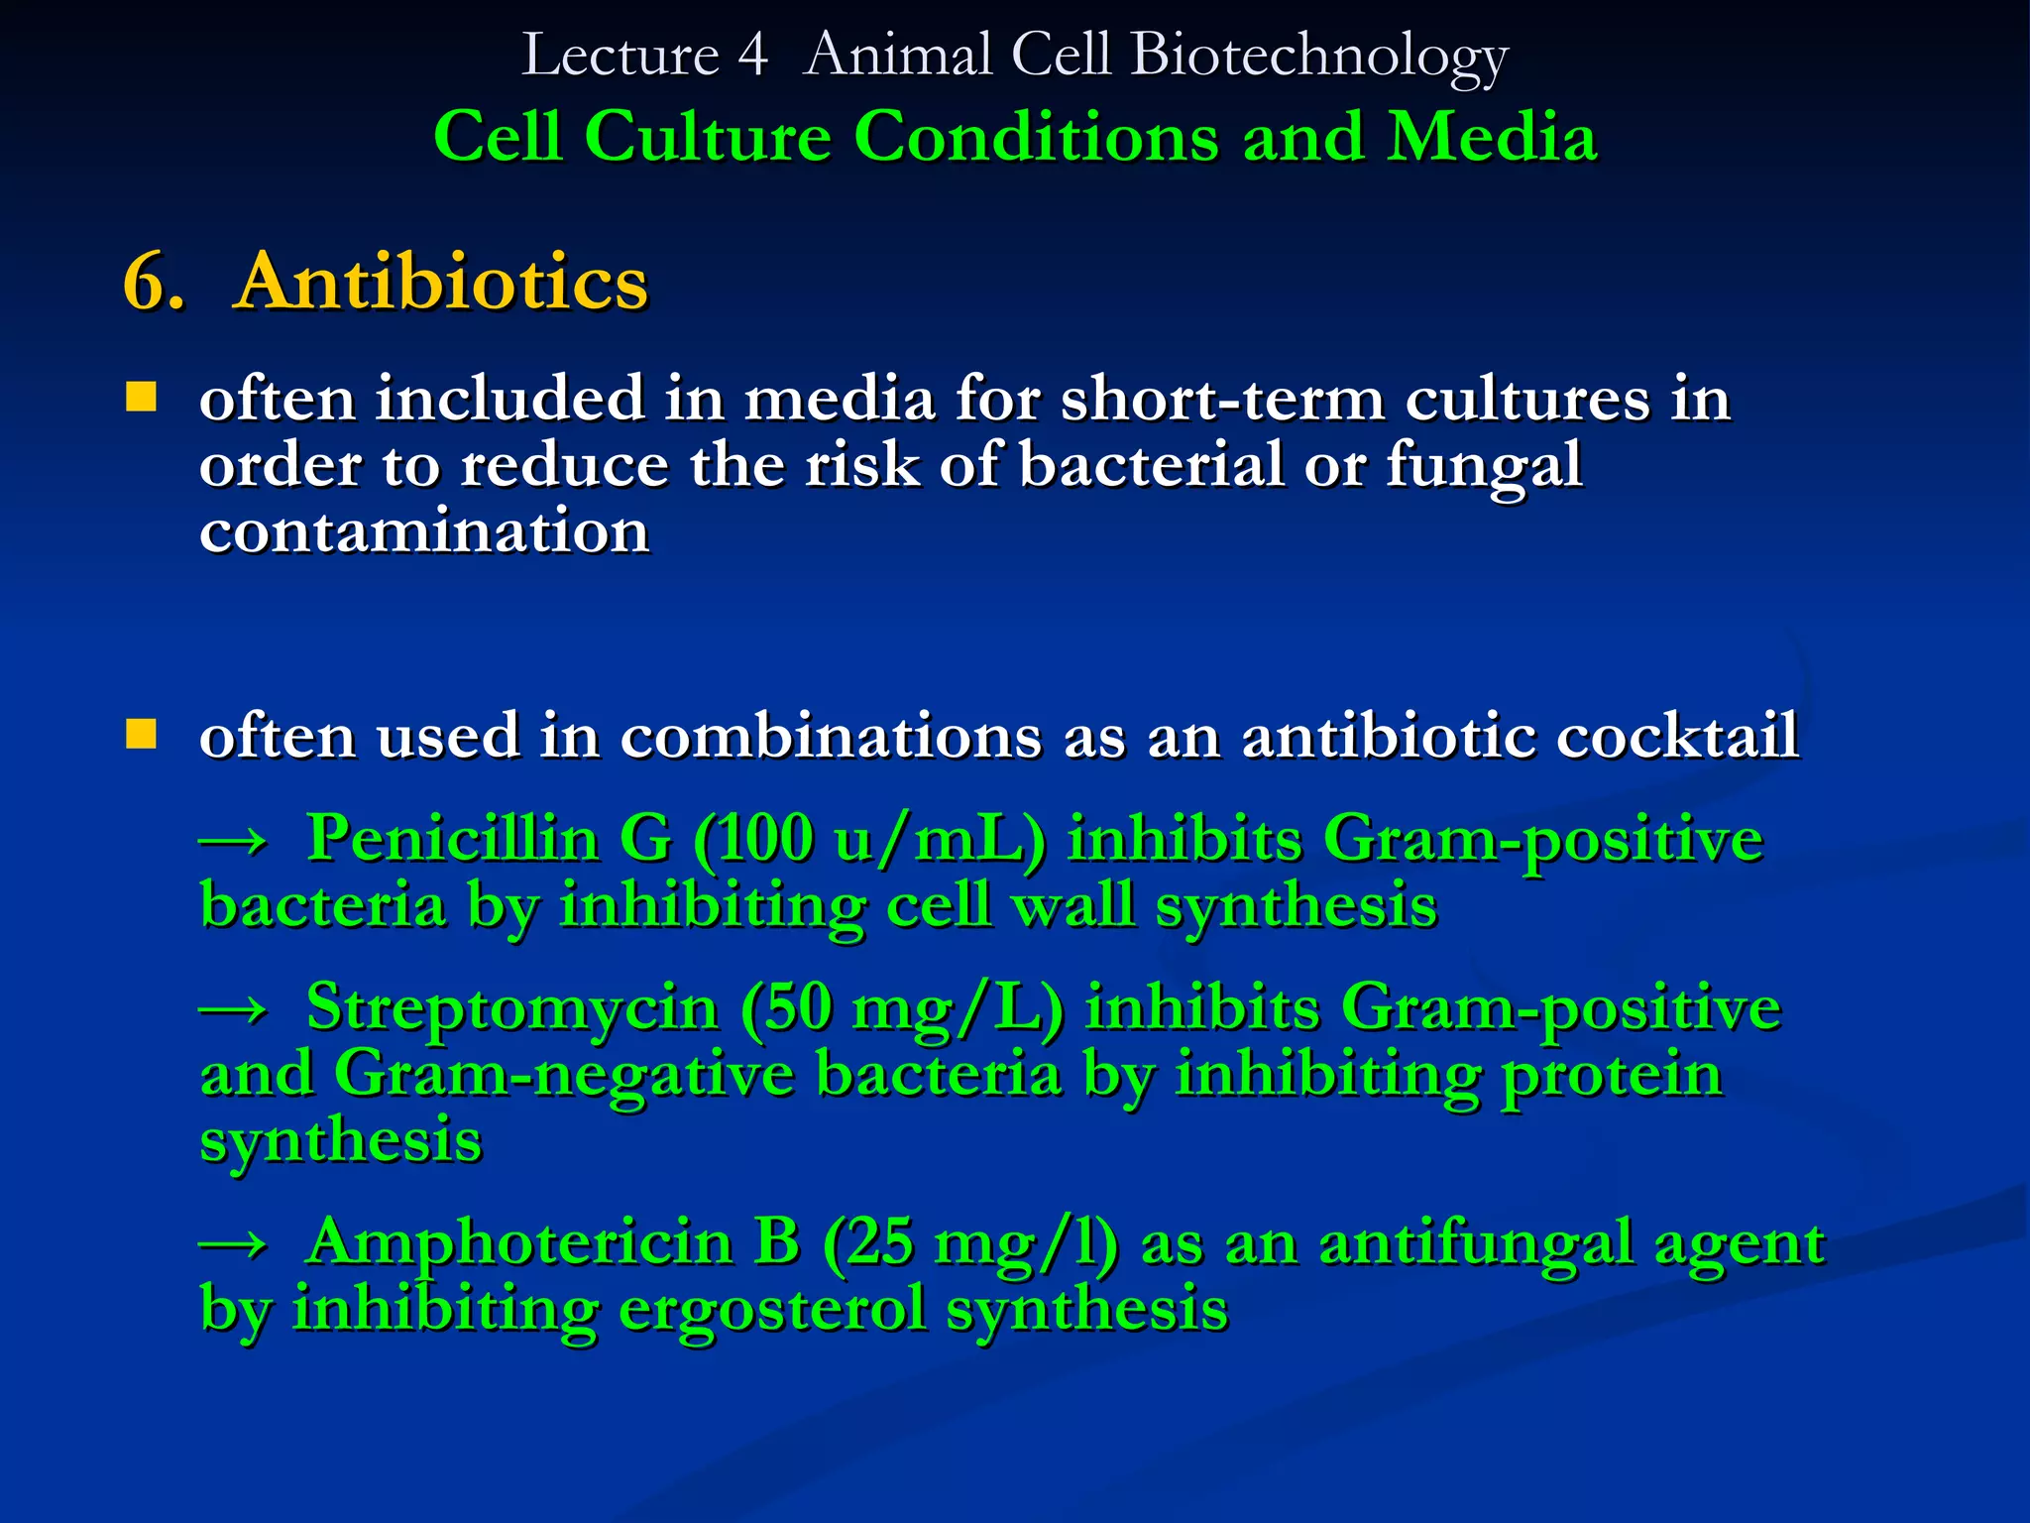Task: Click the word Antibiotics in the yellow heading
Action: click(440, 283)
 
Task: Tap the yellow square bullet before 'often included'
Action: click(142, 398)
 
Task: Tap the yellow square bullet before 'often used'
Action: click(142, 735)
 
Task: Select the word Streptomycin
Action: click(511, 1007)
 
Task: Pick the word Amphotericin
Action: click(519, 1241)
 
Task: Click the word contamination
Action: click(424, 531)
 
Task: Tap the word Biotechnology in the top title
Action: click(1318, 56)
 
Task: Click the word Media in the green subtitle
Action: click(1492, 136)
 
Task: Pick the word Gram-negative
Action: click(564, 1074)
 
